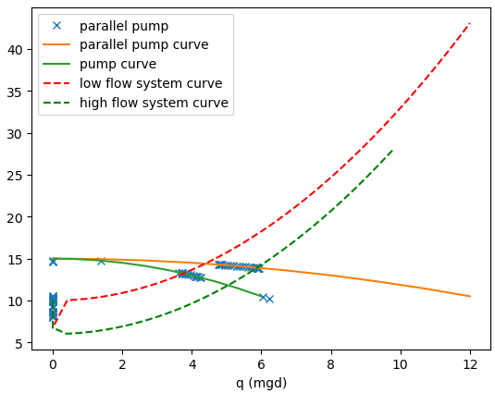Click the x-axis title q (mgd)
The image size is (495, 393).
point(261,383)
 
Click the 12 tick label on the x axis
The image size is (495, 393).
point(470,363)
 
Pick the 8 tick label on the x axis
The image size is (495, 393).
point(331,363)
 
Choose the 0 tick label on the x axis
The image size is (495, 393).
point(53,363)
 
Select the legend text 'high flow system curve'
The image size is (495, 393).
point(155,103)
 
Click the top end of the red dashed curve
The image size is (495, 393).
point(470,23)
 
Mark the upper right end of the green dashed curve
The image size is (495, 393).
point(392,149)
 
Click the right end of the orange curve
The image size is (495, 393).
point(470,297)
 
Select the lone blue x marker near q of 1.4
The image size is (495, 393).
point(102,261)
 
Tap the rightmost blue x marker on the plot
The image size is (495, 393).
point(269,299)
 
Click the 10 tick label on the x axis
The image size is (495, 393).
point(401,363)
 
